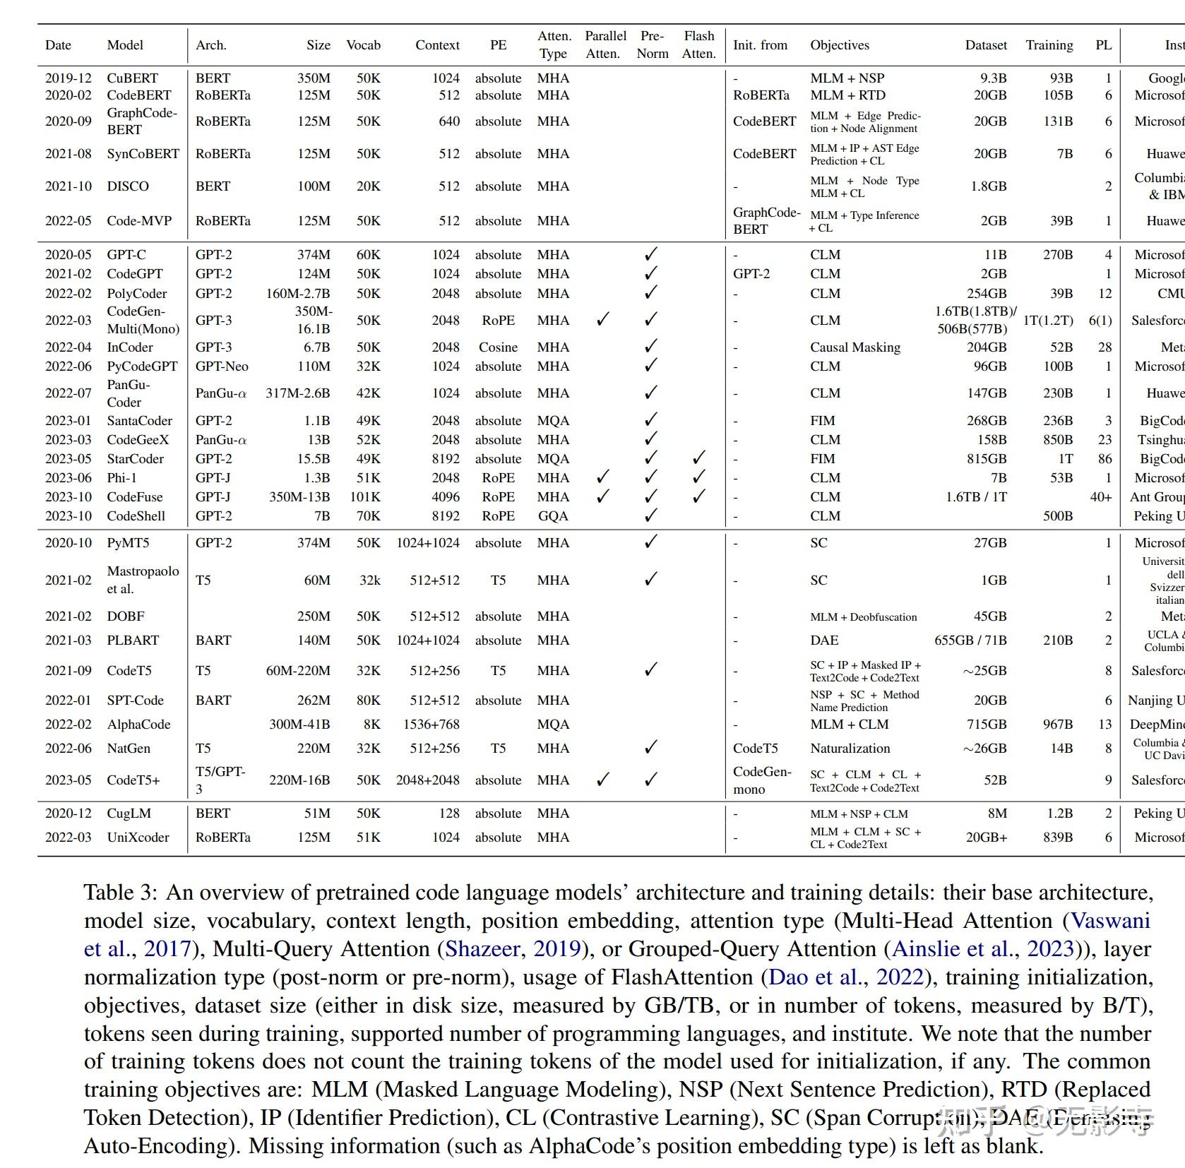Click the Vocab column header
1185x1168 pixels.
363,45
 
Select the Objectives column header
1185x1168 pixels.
839,45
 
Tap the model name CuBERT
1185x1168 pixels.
132,78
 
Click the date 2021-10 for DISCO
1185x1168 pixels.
68,186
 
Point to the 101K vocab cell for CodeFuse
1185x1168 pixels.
364,497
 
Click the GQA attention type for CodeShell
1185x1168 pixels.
552,516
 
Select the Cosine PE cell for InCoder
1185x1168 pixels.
498,347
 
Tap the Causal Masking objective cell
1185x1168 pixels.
854,347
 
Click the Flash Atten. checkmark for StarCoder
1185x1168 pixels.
698,458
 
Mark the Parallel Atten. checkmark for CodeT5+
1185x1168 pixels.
602,780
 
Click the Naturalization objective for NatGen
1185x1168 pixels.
850,749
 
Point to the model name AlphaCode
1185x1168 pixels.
138,725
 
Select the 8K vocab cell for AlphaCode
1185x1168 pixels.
370,725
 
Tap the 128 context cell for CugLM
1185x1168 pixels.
448,814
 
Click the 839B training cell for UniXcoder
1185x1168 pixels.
1057,838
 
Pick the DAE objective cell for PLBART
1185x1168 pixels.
824,640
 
